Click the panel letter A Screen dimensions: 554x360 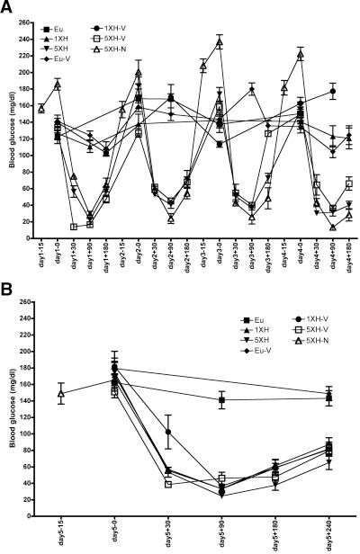(8, 8)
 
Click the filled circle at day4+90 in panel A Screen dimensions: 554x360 (333, 92)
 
